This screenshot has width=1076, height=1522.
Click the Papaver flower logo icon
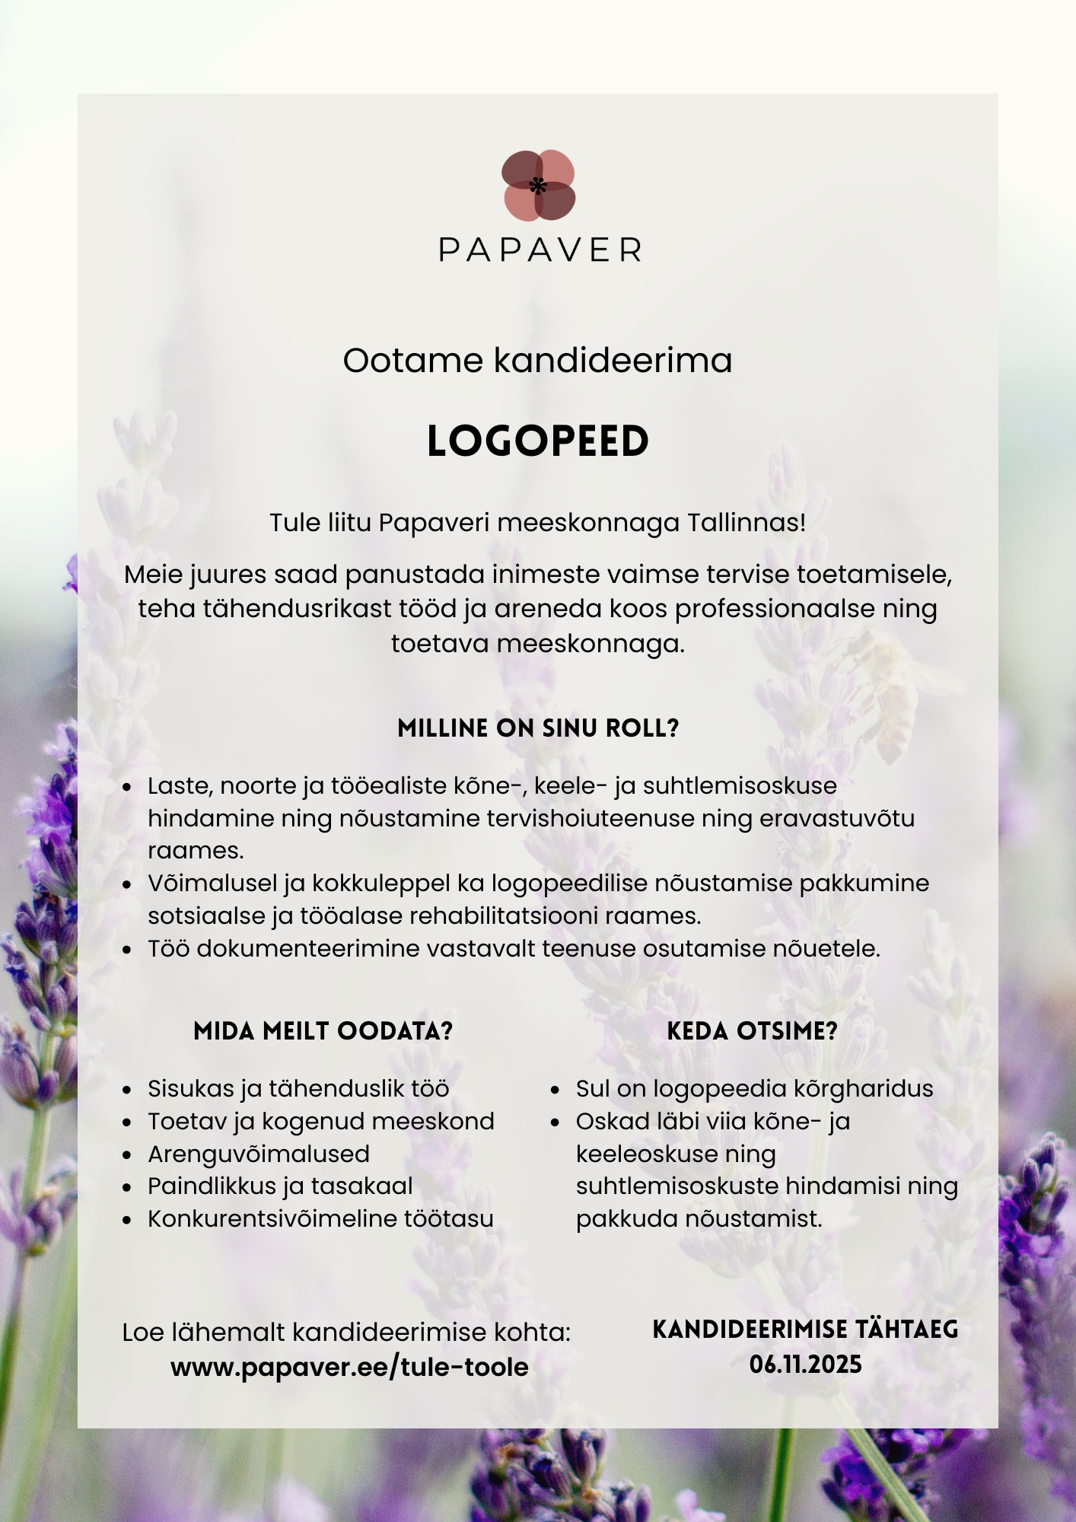538,186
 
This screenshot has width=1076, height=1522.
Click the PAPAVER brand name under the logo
540,250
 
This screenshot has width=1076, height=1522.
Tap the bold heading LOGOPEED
538,441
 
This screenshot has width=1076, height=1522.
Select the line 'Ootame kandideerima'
537,360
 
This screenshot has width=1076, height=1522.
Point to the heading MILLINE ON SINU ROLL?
538,728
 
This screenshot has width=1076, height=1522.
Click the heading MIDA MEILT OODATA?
323,1031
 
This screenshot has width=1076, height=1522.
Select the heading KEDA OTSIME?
752,1031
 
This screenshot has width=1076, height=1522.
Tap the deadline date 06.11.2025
806,1364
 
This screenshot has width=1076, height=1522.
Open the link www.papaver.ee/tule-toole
349,1367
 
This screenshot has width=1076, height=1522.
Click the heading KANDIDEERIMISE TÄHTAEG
805,1329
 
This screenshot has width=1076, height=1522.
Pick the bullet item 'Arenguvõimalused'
259,1154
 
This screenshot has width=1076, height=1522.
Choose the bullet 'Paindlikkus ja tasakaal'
280,1186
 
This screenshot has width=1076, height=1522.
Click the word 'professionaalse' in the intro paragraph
774,609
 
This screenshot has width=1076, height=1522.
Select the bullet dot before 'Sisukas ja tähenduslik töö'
127,1090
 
